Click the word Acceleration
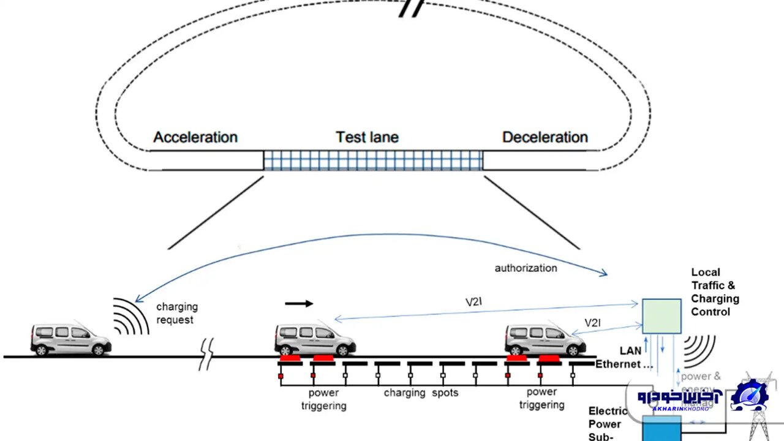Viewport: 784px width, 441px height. tap(195, 137)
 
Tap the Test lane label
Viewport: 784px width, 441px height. tap(367, 137)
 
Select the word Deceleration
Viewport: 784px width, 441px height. tap(545, 137)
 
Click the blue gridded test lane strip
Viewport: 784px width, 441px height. tap(373, 160)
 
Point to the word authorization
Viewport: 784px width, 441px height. tap(526, 268)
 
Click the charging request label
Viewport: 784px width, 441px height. tap(177, 313)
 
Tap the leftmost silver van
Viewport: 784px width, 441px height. tap(70, 339)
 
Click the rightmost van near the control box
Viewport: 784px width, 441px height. tap(545, 339)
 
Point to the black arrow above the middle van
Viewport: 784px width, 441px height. tap(299, 303)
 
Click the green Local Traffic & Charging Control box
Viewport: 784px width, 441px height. tap(661, 316)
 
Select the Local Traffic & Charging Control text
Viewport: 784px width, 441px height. tap(715, 292)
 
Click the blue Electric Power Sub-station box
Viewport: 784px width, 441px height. tap(662, 428)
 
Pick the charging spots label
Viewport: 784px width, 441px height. tap(421, 393)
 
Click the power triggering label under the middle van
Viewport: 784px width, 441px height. tap(323, 399)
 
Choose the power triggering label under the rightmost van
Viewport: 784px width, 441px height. tap(541, 398)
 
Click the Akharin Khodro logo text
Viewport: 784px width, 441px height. tap(680, 398)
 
